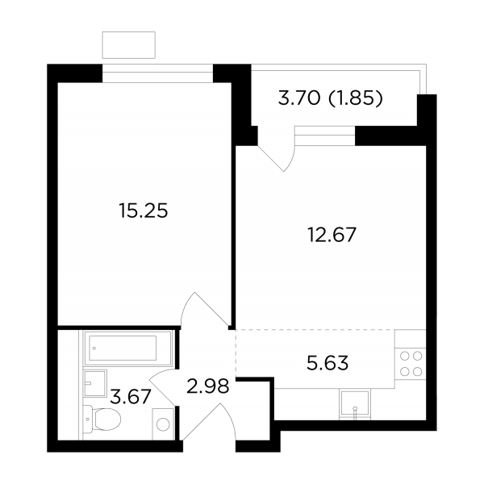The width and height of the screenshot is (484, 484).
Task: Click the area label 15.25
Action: coord(144,211)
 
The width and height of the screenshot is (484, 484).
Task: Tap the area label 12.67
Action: coord(332,235)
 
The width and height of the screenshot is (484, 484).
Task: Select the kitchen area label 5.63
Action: coord(328,363)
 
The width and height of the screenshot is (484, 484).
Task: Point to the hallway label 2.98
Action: coord(208,386)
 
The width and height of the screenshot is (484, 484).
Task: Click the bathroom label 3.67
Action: coord(131,396)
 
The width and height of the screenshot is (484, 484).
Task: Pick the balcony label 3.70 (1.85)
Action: coord(331,98)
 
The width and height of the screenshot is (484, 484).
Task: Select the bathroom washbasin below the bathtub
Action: coord(95,382)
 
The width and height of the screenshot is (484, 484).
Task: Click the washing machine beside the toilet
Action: coord(163,424)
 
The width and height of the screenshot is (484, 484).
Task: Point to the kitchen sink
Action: coord(355,404)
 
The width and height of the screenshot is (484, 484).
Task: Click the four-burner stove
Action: coord(411,365)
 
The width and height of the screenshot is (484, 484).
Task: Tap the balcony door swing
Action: coord(277,158)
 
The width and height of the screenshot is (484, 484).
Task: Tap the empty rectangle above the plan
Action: coord(129,44)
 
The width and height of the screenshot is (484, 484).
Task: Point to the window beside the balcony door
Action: coord(325,136)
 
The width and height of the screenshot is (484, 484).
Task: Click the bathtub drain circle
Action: coord(94,348)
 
